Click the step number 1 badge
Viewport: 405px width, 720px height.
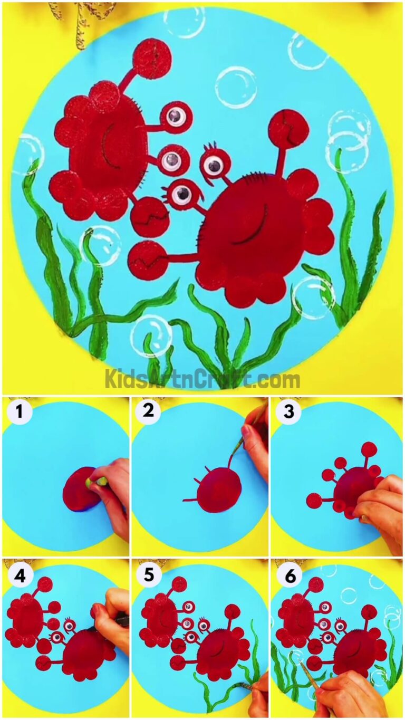coord(20,412)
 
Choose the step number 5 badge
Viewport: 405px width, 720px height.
coord(149,575)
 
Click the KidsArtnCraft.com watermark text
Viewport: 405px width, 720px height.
coord(202,379)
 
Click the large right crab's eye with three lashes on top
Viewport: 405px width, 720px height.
coord(213,165)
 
